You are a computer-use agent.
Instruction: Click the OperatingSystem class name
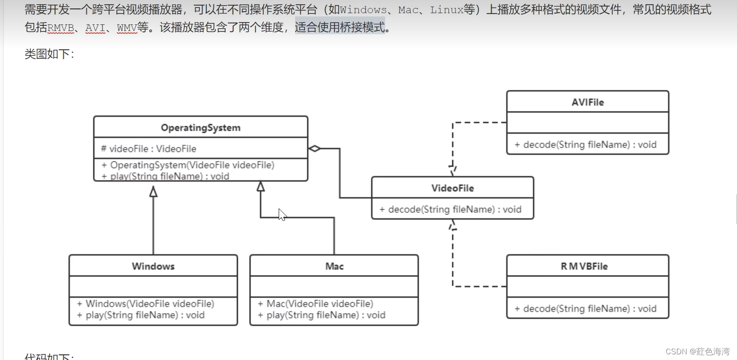(200, 128)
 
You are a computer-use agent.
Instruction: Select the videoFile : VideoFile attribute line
(149, 149)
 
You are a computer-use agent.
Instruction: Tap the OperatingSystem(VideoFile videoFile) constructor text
(188, 165)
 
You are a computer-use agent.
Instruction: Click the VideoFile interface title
(452, 188)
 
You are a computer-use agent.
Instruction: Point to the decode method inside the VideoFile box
(450, 209)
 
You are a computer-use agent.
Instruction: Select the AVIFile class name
(587, 102)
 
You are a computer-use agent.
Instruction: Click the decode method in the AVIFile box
(585, 145)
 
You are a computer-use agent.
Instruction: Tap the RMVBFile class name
(584, 266)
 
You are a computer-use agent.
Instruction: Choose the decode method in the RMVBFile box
(585, 308)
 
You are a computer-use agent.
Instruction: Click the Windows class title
(153, 266)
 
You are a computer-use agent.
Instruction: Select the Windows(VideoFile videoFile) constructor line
(145, 304)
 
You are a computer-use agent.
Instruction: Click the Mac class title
(334, 266)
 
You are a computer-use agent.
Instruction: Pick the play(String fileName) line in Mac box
(322, 315)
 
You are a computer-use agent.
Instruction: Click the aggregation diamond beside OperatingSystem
(314, 149)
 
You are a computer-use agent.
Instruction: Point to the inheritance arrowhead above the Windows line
(153, 191)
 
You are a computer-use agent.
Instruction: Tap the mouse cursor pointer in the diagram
(281, 214)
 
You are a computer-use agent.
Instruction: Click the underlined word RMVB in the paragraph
(61, 28)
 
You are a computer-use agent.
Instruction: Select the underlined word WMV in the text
(127, 28)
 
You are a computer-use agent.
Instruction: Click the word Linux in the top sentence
(446, 10)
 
